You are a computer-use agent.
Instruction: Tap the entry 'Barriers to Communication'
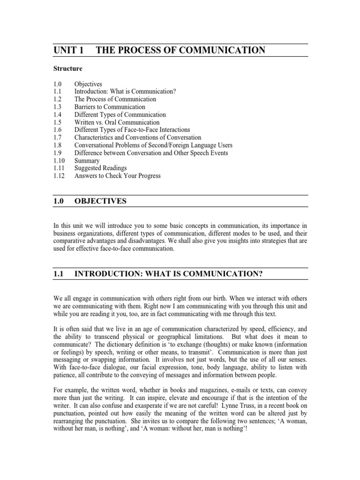click(110, 107)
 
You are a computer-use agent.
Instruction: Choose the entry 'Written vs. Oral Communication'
click(117, 122)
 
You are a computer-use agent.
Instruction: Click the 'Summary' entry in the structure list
click(87, 160)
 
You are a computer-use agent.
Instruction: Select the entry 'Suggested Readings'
click(100, 168)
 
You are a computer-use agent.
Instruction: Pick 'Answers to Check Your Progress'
click(117, 176)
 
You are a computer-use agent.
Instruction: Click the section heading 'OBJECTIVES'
click(101, 201)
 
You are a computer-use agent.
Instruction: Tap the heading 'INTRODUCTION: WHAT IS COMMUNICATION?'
click(168, 275)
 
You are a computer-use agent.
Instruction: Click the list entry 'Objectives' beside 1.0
click(88, 84)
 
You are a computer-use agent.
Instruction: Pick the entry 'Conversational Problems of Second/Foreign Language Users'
click(153, 145)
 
